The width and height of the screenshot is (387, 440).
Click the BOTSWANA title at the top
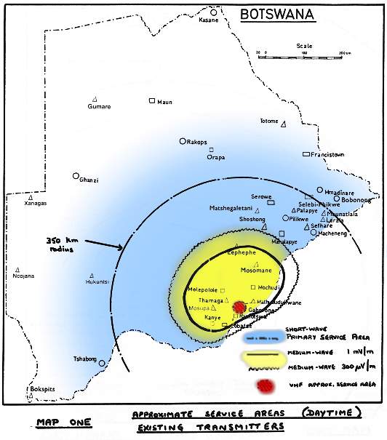pos(277,14)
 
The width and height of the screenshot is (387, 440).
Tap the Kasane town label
pos(208,20)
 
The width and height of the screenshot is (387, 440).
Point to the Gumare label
pos(99,106)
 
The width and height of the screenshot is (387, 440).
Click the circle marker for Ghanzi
pos(76,175)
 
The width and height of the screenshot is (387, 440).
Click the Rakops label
pos(197,142)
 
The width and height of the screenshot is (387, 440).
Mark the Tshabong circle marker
pos(102,363)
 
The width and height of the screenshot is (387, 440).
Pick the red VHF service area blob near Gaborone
pos(239,308)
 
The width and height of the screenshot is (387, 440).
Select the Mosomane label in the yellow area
pos(255,270)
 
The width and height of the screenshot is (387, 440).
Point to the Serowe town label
pos(261,197)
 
